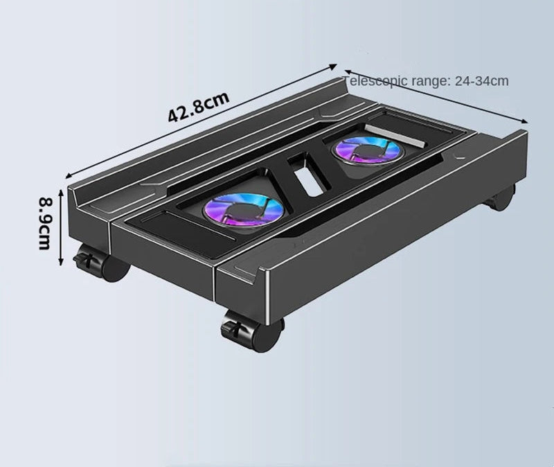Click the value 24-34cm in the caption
coord(481,81)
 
